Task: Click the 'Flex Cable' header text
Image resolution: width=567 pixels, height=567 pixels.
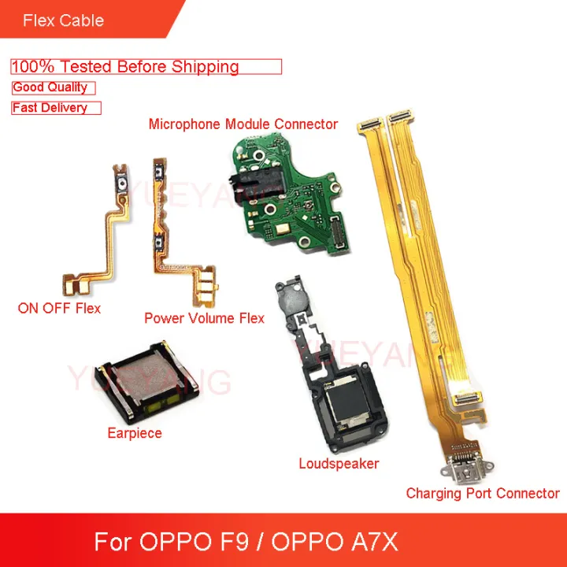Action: click(64, 20)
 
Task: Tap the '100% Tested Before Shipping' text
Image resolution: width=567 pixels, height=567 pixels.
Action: click(125, 67)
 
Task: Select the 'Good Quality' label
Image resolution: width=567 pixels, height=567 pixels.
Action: click(50, 88)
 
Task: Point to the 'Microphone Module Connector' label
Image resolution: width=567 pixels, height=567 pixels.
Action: click(243, 124)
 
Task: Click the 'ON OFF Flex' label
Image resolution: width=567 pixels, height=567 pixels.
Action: click(59, 308)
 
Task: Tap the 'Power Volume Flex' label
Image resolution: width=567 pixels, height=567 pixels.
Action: click(204, 318)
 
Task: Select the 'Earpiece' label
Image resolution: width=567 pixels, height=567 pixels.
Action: click(134, 433)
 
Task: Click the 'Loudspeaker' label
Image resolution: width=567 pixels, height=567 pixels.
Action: click(339, 464)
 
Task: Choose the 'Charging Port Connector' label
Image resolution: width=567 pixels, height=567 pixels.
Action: click(482, 494)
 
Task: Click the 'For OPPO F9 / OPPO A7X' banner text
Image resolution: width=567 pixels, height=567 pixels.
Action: click(246, 543)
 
